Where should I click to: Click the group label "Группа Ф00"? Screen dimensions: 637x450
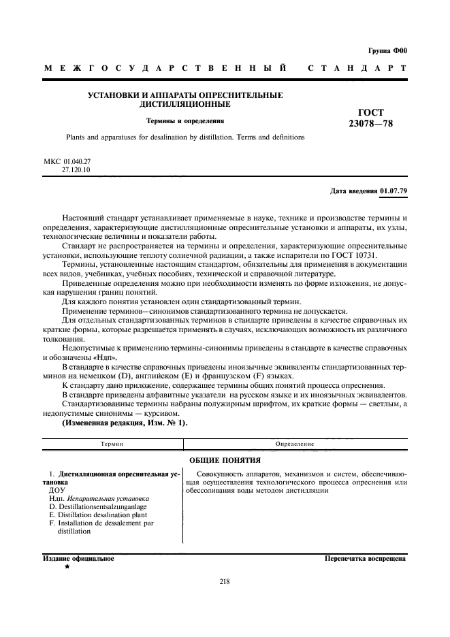pos(386,51)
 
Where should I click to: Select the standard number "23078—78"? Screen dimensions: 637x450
pos(370,124)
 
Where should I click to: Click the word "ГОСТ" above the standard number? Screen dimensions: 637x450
pos(370,112)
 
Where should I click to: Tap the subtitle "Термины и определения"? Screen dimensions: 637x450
pos(185,120)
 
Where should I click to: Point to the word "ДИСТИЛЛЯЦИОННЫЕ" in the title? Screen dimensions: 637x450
pos(185,105)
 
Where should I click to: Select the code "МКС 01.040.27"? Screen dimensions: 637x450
pos(67,162)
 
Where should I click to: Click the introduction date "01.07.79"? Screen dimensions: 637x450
pos(393,191)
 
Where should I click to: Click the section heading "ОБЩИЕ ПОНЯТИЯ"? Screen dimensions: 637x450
pos(224,459)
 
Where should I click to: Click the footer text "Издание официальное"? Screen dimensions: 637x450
pos(78,559)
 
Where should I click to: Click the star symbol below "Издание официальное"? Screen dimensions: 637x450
pos(67,567)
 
